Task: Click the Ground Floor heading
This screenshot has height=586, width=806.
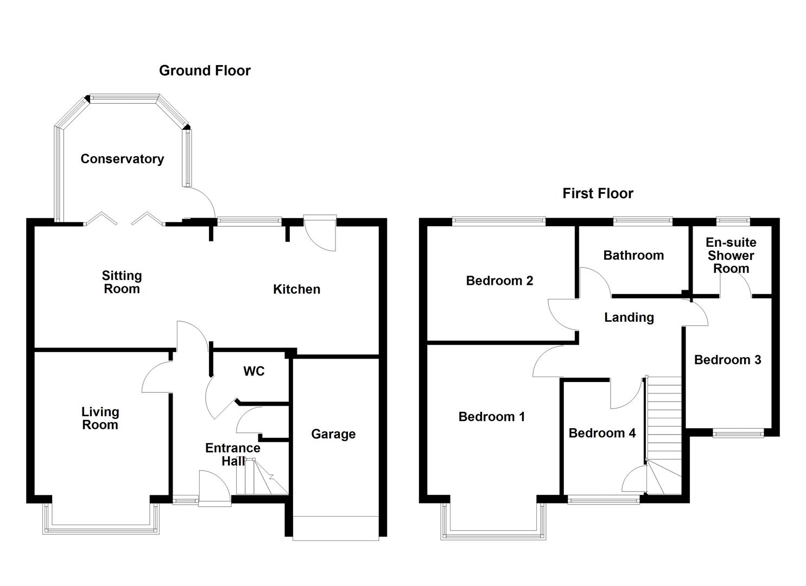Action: [x=205, y=71]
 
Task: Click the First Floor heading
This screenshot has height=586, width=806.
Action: [x=598, y=194]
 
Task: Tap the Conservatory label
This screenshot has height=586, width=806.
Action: [x=122, y=159]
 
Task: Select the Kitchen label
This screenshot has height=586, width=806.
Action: [x=296, y=289]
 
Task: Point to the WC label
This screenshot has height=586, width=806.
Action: [x=254, y=371]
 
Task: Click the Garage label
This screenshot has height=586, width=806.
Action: [x=333, y=434]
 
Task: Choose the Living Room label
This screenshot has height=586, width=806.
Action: [x=100, y=418]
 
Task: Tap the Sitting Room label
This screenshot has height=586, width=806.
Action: [x=122, y=282]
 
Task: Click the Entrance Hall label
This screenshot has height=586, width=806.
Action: [x=232, y=454]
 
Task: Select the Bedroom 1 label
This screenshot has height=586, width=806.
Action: [x=491, y=417]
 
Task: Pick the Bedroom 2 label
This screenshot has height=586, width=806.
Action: [x=499, y=281]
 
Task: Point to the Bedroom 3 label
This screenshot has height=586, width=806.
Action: [x=727, y=360]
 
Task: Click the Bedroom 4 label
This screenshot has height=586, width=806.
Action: [x=602, y=433]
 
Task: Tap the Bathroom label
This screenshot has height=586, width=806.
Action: [x=633, y=256]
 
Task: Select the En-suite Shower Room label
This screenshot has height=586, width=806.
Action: [x=731, y=256]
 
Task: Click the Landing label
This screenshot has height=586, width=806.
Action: [x=629, y=317]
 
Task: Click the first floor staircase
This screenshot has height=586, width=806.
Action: [x=663, y=429]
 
